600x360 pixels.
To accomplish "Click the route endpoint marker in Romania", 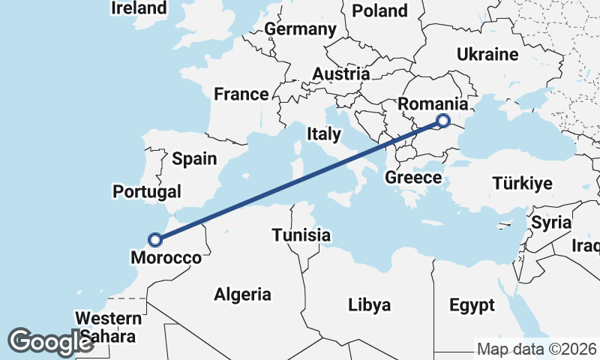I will point(443,120).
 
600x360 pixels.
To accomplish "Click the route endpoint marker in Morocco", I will point(155,240).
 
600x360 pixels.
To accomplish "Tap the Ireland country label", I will point(139,8).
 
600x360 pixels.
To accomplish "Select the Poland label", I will point(379,10).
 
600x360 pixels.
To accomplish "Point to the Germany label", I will point(300,29).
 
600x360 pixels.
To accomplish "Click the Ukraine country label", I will point(487,55).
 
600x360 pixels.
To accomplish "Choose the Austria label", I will point(341,74).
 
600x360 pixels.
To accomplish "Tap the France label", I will point(241,94).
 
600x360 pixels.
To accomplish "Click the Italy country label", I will point(324,133).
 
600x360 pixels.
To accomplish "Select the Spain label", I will point(193,158).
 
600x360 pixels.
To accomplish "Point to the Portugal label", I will point(147,191).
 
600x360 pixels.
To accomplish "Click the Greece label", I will point(412,178).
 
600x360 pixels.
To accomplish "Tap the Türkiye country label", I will point(522,183).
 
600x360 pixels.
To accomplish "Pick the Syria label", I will point(551,223).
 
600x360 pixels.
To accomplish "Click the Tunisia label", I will point(301,235).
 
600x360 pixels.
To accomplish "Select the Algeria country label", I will point(242,294).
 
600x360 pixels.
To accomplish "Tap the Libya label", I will point(369,304).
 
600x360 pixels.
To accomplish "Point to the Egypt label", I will point(472,305).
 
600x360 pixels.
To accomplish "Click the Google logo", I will point(50,342).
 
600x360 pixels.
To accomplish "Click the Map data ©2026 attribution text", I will point(536,349).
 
